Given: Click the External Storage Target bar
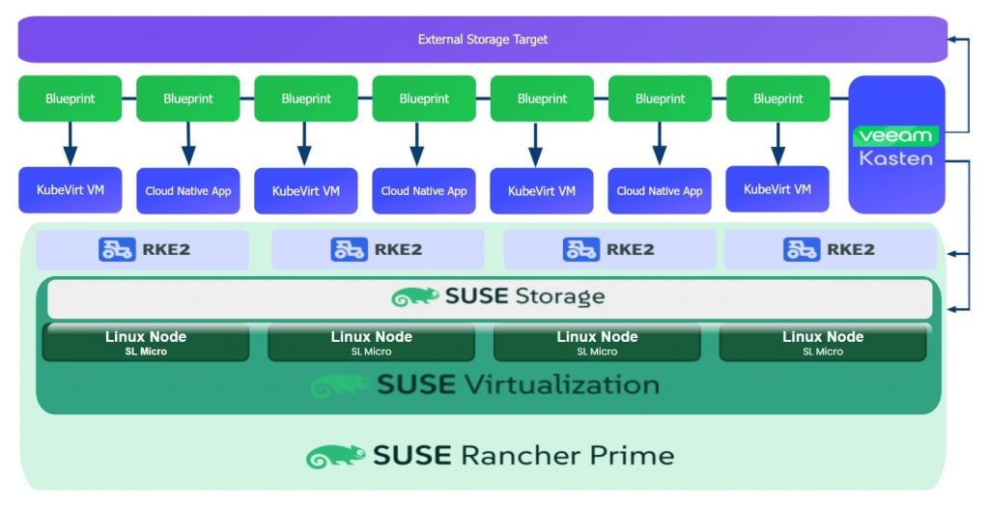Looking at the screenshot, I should [x=482, y=40].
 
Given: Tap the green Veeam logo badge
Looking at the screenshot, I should [x=895, y=135].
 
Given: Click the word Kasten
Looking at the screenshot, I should [x=895, y=157].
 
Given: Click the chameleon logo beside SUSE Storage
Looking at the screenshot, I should [x=414, y=297].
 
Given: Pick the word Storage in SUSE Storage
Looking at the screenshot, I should [x=560, y=296].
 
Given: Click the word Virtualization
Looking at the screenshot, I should [x=561, y=384].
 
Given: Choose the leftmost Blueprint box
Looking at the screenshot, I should [x=70, y=99].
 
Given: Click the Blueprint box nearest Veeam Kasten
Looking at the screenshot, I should [x=777, y=99].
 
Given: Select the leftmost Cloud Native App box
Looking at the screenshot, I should [x=188, y=190].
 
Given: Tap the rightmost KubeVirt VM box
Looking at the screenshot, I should [x=777, y=189].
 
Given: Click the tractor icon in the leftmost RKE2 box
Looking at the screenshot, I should [x=117, y=249].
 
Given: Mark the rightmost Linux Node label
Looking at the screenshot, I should [x=822, y=337].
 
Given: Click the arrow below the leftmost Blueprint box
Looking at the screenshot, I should [x=70, y=145].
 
